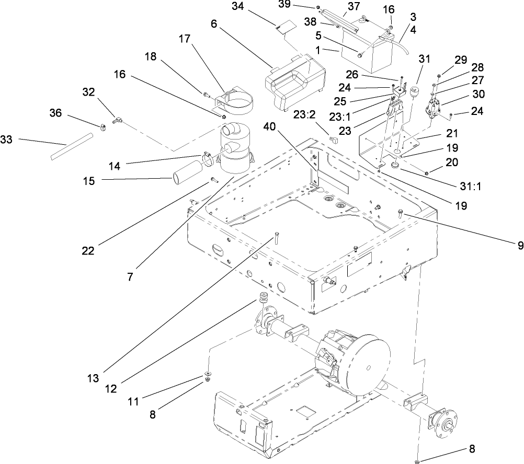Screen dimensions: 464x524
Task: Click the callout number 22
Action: tap(87, 250)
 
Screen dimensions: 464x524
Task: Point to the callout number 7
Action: tap(130, 277)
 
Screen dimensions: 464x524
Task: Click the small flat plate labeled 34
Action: tap(283, 27)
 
